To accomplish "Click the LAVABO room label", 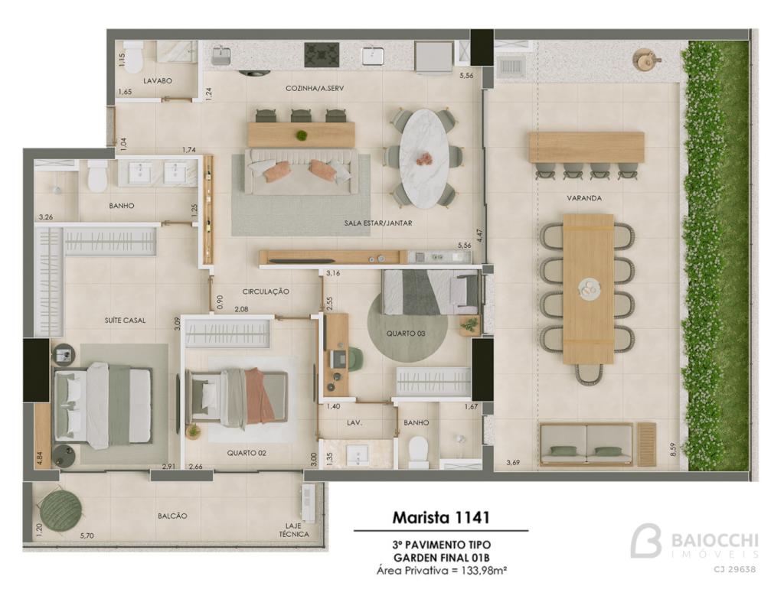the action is pyautogui.click(x=158, y=80).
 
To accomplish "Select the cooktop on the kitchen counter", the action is pyautogui.click(x=322, y=55).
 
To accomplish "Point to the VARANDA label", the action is pyautogui.click(x=584, y=198).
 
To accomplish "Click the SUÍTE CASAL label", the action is pyautogui.click(x=125, y=321).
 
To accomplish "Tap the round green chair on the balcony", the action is pyautogui.click(x=61, y=511).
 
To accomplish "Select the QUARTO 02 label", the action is pyautogui.click(x=247, y=453).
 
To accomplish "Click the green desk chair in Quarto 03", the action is pyautogui.click(x=354, y=360).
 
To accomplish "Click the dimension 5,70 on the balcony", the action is pyautogui.click(x=87, y=536).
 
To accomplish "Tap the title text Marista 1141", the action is pyautogui.click(x=440, y=517).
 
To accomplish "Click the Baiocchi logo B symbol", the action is pyautogui.click(x=645, y=540).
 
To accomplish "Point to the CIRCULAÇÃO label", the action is pyautogui.click(x=266, y=291).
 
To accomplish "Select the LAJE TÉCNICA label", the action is pyautogui.click(x=297, y=530).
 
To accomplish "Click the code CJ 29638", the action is pyautogui.click(x=734, y=569).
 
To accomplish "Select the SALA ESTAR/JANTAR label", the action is pyautogui.click(x=378, y=223).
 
